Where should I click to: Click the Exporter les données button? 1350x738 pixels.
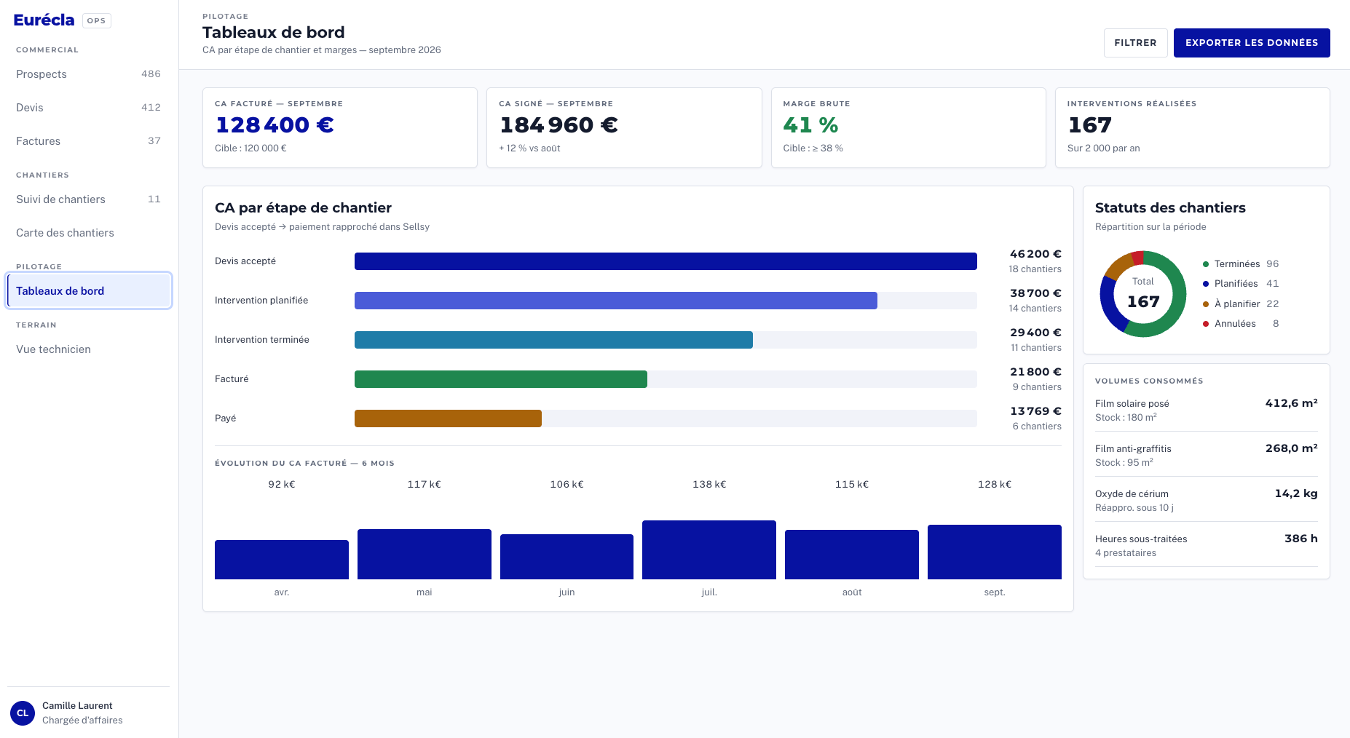click(x=1252, y=43)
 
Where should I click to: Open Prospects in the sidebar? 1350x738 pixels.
click(x=88, y=74)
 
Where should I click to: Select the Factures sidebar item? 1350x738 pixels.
click(x=88, y=141)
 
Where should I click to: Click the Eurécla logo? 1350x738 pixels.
click(x=44, y=20)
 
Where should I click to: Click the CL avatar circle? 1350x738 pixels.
click(x=23, y=713)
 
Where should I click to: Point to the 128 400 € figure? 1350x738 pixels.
click(x=275, y=125)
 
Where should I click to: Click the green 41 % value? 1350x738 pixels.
click(x=810, y=125)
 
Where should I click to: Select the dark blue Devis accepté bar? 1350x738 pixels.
click(x=666, y=261)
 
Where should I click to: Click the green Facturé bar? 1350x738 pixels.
click(x=501, y=379)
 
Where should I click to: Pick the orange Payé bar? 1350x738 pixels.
click(x=448, y=418)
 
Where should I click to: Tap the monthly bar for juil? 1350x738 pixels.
click(x=709, y=549)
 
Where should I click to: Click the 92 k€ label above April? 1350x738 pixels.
click(x=282, y=485)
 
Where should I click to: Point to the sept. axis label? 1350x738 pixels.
click(x=995, y=592)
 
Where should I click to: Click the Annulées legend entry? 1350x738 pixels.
click(x=1241, y=324)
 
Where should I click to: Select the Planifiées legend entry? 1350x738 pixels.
click(x=1241, y=284)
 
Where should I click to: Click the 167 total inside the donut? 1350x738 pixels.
click(x=1143, y=301)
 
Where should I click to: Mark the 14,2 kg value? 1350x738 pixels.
click(x=1296, y=493)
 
